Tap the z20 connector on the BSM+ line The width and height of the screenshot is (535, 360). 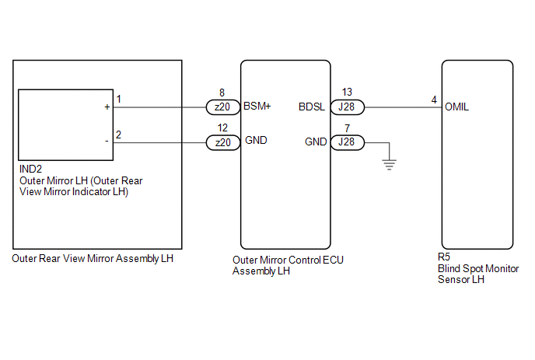click(223, 107)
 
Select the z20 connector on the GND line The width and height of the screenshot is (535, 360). click(223, 142)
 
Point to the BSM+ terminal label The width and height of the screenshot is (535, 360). click(257, 107)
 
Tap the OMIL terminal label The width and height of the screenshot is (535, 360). click(456, 107)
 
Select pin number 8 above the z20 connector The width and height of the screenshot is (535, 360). click(223, 93)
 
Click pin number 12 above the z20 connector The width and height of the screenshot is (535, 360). click(223, 128)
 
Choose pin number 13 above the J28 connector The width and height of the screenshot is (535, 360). click(347, 93)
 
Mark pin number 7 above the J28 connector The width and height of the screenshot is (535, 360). click(347, 128)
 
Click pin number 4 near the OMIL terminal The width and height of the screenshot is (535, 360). click(433, 100)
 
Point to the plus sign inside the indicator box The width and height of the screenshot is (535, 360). click(107, 107)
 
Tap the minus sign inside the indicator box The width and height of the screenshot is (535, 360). click(107, 142)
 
